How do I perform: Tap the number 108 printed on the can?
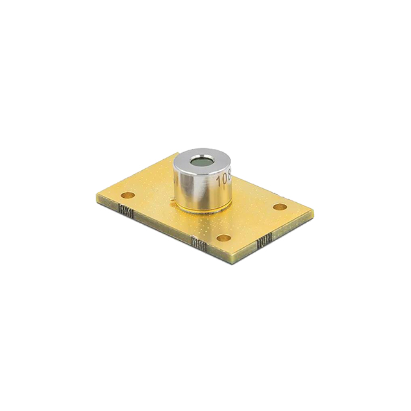[x=223, y=178]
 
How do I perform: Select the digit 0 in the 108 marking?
[x=222, y=178]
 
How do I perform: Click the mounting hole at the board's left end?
[x=128, y=194]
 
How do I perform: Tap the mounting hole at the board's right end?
[x=279, y=207]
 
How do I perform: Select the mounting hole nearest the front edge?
[x=223, y=238]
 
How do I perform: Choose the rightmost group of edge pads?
[x=263, y=243]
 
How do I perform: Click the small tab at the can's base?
[x=172, y=200]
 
